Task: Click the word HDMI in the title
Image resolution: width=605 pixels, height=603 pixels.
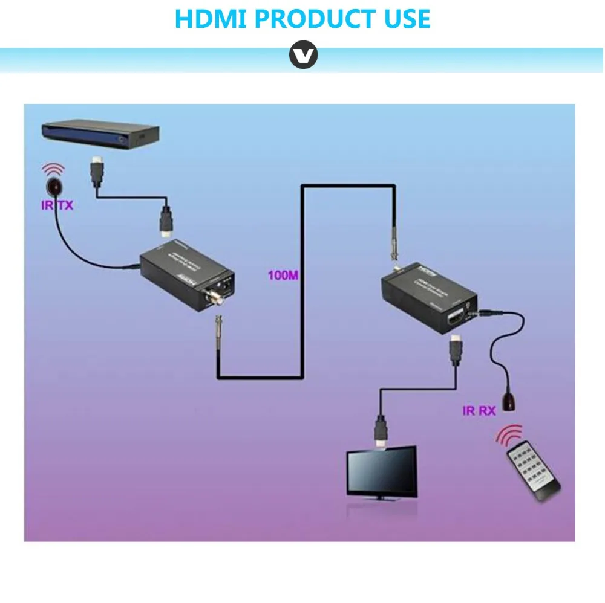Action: click(x=212, y=19)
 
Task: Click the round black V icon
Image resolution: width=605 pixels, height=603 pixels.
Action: click(x=302, y=56)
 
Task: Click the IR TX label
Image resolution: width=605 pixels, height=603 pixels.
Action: click(x=57, y=206)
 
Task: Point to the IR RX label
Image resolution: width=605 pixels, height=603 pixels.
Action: click(x=479, y=411)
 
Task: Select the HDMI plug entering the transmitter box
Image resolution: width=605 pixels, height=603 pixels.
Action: click(x=165, y=222)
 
